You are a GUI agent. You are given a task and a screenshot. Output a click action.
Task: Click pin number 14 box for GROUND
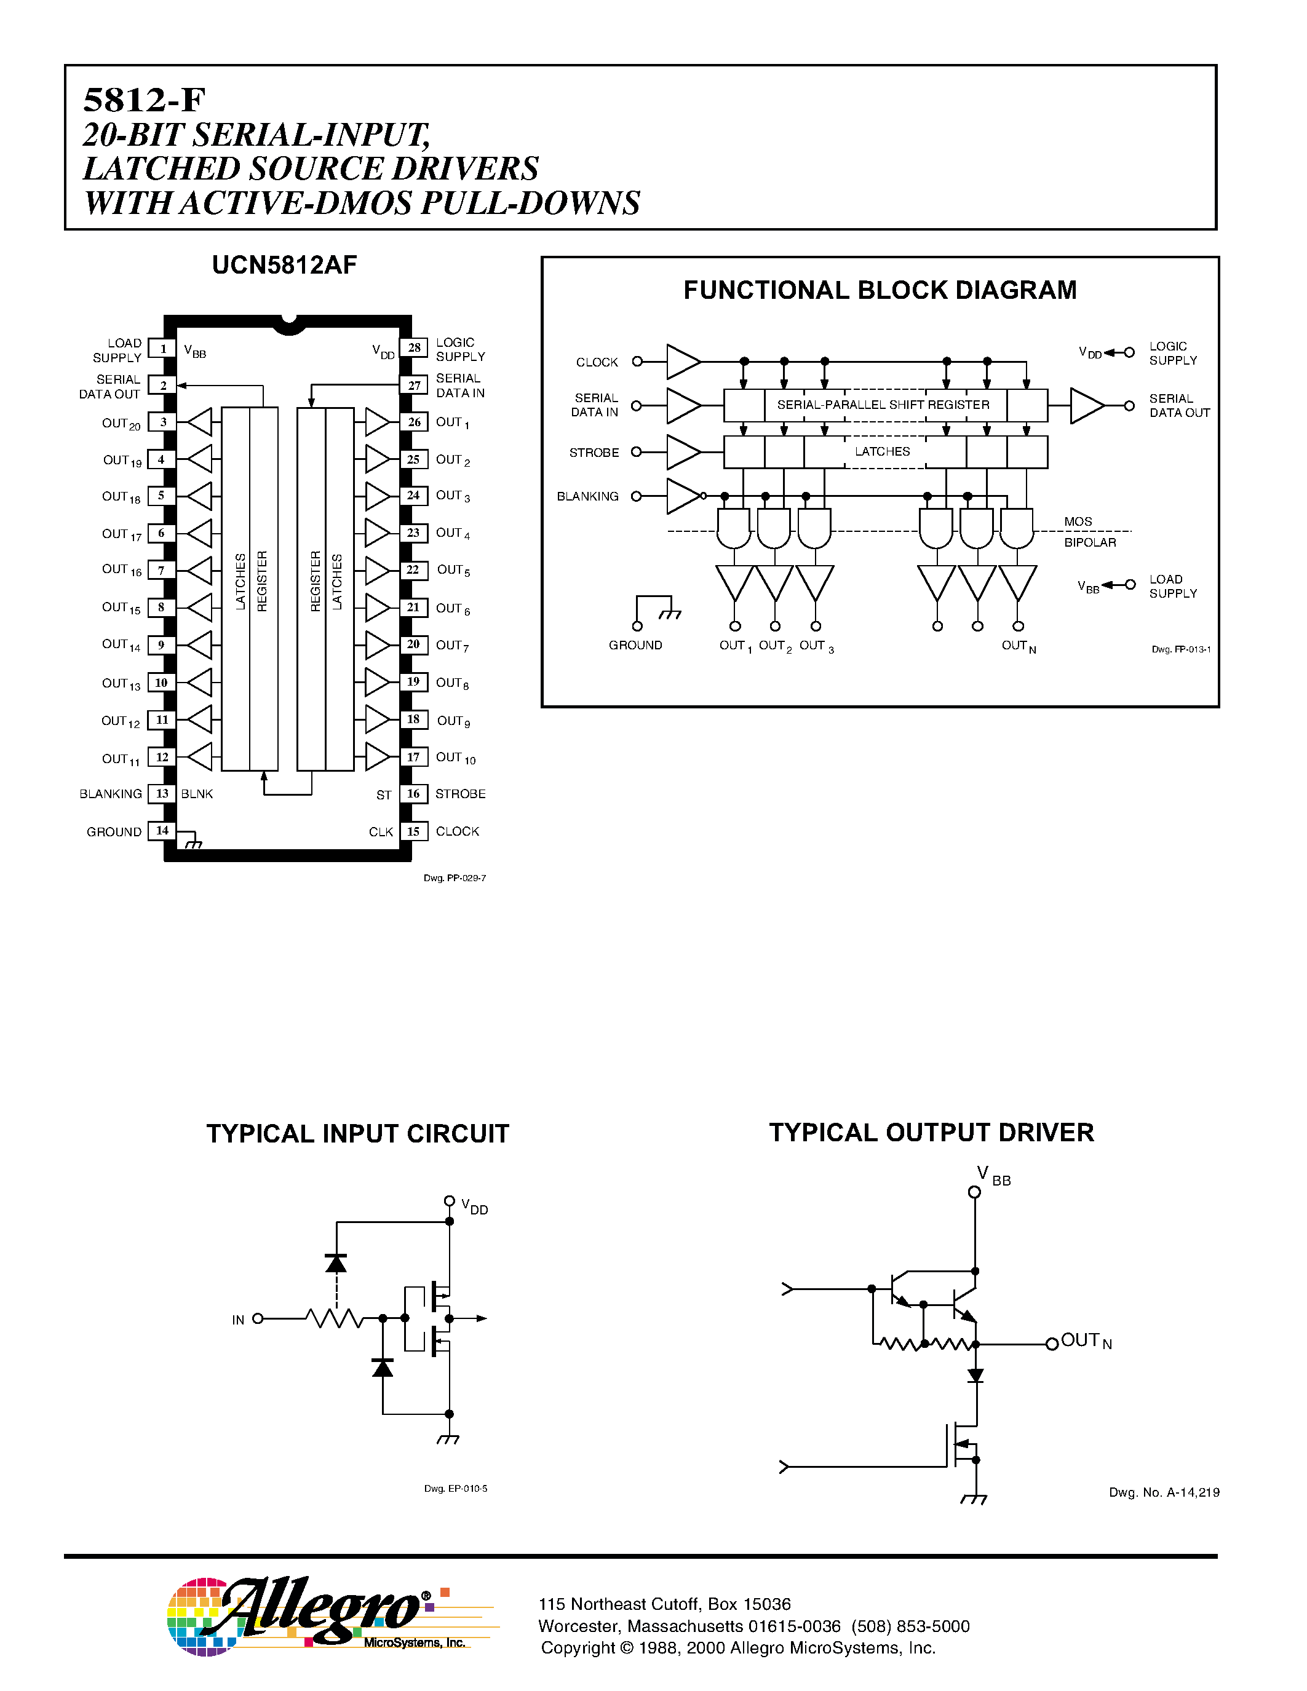162,831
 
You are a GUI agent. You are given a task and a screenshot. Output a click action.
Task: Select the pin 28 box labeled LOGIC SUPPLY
415,347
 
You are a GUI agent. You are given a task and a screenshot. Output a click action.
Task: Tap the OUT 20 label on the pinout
121,424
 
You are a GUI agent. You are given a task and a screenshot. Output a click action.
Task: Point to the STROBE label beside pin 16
460,794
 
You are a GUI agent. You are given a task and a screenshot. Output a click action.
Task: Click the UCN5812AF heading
284,265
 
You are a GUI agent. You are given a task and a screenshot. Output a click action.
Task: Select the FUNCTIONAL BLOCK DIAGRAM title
880,290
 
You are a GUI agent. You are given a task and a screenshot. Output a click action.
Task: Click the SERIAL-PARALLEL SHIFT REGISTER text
883,405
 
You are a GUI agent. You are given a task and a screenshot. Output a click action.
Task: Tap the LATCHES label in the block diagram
882,451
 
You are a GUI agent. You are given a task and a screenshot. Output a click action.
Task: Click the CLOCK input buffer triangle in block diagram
681,362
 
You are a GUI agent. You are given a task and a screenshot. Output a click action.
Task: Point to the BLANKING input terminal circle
637,496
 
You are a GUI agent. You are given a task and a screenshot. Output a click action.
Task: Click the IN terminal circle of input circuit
258,1318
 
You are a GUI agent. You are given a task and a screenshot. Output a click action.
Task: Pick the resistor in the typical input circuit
334,1318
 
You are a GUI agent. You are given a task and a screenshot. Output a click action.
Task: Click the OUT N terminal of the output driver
1052,1344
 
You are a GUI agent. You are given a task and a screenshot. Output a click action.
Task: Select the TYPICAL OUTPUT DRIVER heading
931,1132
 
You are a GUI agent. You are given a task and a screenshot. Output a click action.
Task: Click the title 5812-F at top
144,100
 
